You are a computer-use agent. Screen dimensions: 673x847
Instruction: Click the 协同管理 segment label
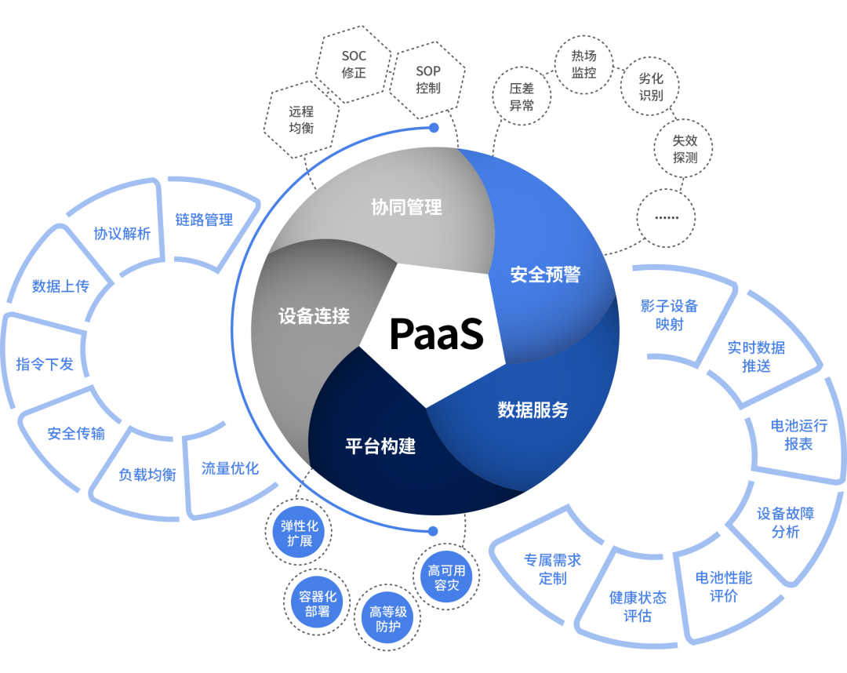(406, 207)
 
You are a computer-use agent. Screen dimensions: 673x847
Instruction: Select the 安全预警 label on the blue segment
(545, 275)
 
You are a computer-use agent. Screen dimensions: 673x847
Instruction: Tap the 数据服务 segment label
(533, 409)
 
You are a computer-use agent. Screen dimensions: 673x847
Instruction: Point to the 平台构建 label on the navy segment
(380, 446)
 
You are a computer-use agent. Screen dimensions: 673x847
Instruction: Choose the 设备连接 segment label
(314, 316)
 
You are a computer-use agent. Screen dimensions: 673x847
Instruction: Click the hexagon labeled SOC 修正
(354, 65)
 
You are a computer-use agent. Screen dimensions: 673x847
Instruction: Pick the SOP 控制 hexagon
(428, 80)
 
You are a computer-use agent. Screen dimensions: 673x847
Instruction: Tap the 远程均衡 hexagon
(301, 119)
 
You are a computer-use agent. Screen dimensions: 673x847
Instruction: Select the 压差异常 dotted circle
(522, 97)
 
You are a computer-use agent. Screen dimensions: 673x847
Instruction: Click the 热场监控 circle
(583, 64)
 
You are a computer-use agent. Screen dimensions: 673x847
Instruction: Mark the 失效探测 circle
(685, 149)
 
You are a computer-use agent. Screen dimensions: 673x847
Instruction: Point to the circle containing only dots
(666, 217)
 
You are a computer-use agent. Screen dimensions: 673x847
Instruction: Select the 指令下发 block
(45, 363)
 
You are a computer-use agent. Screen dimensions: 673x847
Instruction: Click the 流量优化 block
(229, 469)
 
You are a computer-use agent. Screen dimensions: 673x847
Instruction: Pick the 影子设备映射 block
(669, 315)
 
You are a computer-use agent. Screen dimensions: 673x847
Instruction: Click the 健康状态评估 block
(638, 606)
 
